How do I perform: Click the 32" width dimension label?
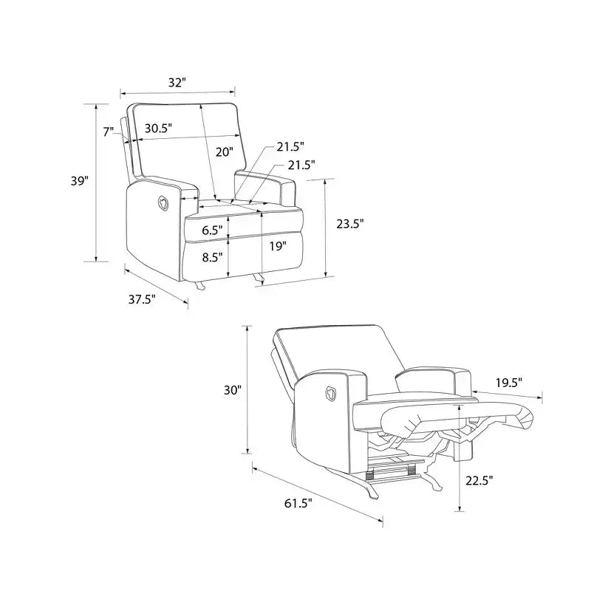[x=177, y=83]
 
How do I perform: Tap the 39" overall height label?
[x=80, y=181]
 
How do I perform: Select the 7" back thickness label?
[x=108, y=131]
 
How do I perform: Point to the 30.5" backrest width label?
[x=158, y=129]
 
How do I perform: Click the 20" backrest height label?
[x=225, y=152]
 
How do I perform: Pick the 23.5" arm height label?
[x=350, y=224]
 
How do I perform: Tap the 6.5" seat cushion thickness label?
[x=212, y=230]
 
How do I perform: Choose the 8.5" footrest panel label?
[x=212, y=257]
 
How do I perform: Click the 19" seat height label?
[x=278, y=247]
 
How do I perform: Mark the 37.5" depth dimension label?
[x=142, y=300]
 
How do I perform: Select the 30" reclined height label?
[x=232, y=390]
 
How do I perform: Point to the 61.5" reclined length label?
[x=298, y=503]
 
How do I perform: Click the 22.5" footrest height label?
[x=479, y=481]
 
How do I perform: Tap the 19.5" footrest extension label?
[x=509, y=383]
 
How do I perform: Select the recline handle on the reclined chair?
[x=330, y=393]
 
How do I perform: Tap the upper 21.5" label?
[x=290, y=147]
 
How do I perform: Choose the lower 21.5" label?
[x=301, y=165]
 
